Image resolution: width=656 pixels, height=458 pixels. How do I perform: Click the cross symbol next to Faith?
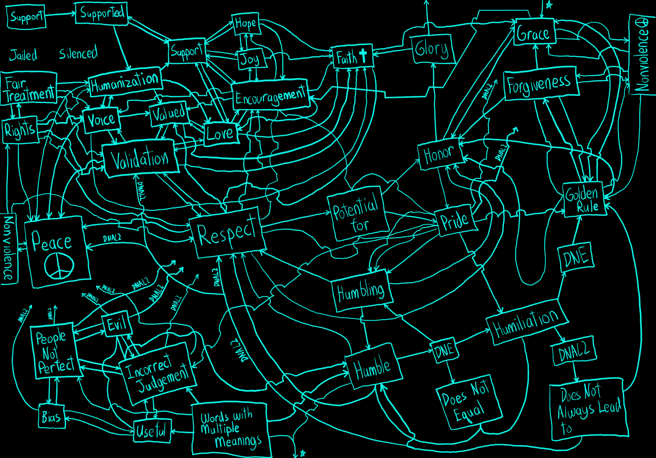[x=363, y=55]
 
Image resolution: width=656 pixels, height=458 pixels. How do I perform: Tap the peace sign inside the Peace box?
[x=59, y=266]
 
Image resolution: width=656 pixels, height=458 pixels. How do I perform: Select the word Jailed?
[x=23, y=55]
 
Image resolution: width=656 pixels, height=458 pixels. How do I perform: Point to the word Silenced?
[x=78, y=53]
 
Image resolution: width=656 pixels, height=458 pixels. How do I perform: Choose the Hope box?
[x=246, y=24]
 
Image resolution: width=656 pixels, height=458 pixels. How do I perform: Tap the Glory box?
[x=432, y=49]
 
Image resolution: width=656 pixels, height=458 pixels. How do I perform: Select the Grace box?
[x=534, y=32]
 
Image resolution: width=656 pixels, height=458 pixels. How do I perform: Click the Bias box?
[x=52, y=416]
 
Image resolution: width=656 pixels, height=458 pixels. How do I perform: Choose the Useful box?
[x=152, y=431]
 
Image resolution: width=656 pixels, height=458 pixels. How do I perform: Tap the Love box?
[x=221, y=134]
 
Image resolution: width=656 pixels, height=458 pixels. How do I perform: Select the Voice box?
[x=101, y=120]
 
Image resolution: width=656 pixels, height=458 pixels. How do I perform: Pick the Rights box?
[x=20, y=130]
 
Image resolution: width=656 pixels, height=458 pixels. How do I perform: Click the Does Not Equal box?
[x=469, y=403]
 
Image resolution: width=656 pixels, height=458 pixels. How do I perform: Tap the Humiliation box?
[x=526, y=322]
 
